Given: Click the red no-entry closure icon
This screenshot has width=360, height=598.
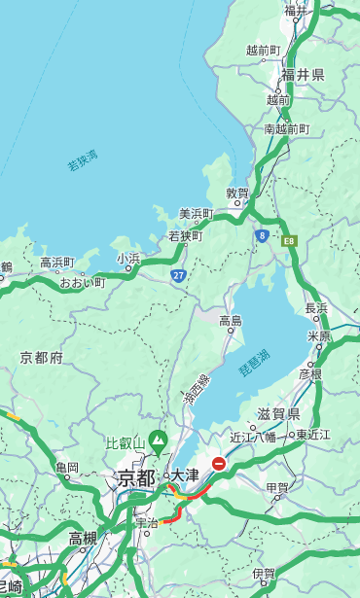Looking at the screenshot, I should click(x=219, y=465).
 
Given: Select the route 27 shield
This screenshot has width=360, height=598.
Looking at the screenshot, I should click(x=178, y=276).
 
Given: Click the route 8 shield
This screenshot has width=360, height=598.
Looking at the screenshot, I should click(x=262, y=235).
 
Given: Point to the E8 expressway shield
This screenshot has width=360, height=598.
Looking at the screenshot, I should click(x=288, y=239).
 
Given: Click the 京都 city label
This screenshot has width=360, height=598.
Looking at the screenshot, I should click(x=136, y=477).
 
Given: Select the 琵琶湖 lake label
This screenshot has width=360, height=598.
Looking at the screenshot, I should click(x=254, y=363).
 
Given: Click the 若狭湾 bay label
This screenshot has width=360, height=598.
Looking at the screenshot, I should click(x=83, y=161).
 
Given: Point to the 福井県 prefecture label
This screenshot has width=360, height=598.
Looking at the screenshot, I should click(x=303, y=75).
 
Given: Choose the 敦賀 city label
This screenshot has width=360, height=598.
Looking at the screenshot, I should click(x=238, y=193).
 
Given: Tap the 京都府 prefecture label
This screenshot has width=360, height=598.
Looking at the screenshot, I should click(x=41, y=358).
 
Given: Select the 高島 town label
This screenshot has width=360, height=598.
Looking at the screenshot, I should click(x=231, y=321).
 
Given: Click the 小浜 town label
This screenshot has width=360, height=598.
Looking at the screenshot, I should click(x=127, y=259).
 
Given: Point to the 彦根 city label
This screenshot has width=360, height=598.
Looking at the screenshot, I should click(x=309, y=373).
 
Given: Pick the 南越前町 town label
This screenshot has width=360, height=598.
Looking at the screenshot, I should click(x=286, y=128).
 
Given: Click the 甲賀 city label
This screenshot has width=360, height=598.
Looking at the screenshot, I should click(x=277, y=487).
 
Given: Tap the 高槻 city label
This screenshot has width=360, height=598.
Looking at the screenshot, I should click(x=83, y=538).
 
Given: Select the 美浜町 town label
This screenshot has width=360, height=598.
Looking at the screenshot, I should click(x=196, y=214).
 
